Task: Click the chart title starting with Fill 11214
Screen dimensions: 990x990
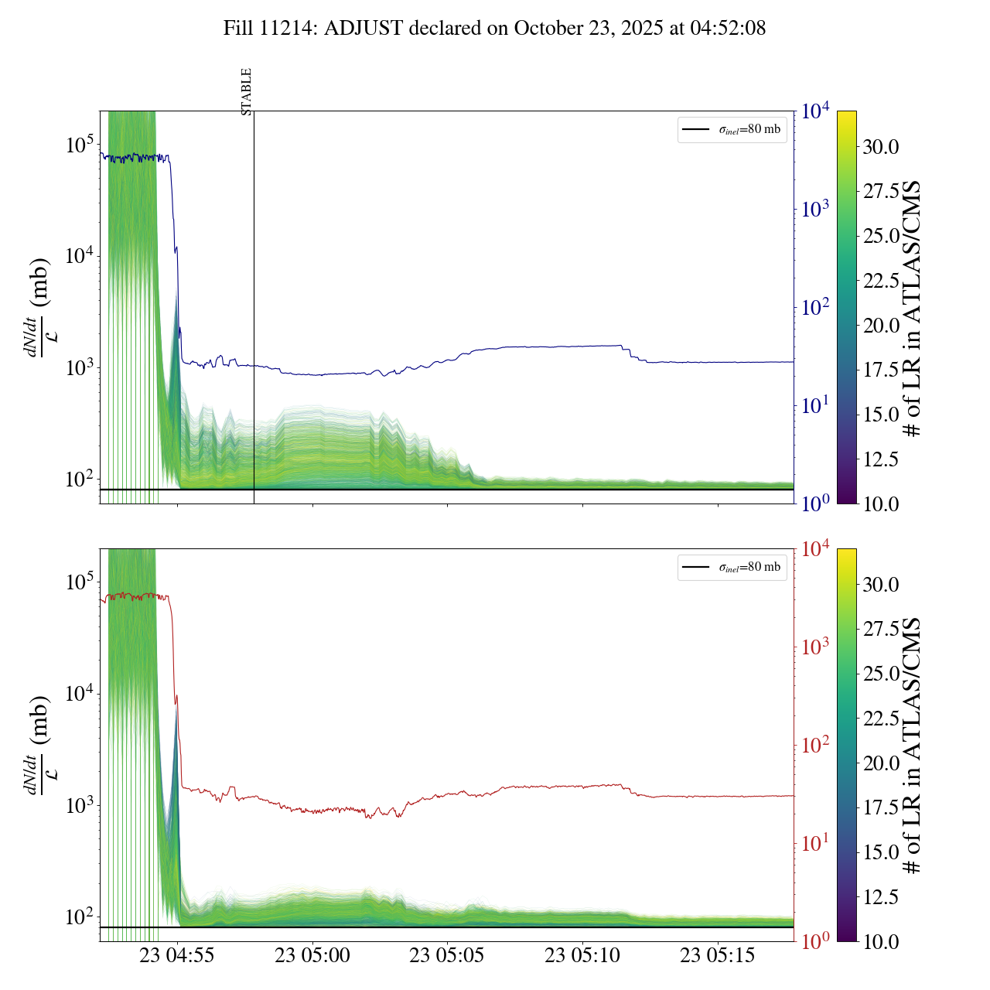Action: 494,29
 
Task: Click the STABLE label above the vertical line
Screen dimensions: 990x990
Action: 247,92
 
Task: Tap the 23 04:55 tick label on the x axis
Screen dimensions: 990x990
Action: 177,956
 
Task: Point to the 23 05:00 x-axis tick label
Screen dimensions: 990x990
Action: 312,956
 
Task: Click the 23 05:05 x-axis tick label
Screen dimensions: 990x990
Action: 447,956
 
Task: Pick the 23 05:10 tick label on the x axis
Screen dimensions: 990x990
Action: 582,956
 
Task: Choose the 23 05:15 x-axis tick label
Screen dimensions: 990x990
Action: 718,956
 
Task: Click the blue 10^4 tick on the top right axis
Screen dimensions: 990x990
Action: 816,111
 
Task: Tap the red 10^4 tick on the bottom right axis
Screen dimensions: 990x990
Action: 816,549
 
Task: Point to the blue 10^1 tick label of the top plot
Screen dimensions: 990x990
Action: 816,405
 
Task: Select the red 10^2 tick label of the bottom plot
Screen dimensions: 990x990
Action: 816,745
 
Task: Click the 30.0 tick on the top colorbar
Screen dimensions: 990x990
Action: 881,147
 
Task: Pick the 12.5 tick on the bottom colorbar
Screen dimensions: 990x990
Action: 881,897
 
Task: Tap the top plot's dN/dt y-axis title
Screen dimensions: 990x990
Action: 38,308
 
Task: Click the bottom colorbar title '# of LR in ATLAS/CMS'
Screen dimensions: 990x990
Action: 913,746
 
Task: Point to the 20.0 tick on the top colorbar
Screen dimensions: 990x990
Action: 881,326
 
